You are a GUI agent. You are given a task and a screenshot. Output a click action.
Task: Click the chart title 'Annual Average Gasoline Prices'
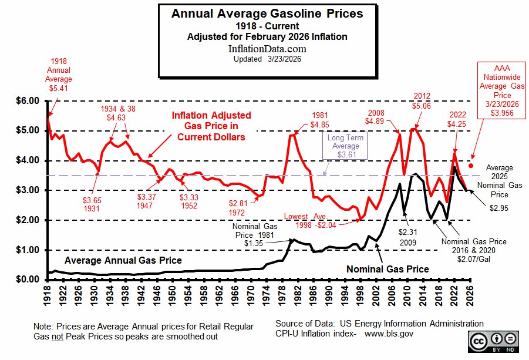pos(267,13)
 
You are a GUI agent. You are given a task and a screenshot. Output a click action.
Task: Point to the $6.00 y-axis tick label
pos(26,101)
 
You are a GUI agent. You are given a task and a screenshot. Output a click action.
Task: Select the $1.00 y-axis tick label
pos(26,250)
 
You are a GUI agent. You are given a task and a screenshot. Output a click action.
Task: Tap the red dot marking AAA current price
pos(471,166)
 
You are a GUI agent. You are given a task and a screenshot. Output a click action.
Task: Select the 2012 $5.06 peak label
pos(422,101)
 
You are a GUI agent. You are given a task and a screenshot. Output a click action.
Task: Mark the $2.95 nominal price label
pos(498,207)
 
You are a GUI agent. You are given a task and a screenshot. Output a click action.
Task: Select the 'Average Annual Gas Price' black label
pos(123,260)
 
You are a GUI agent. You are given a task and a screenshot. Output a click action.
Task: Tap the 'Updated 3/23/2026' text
pos(267,59)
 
